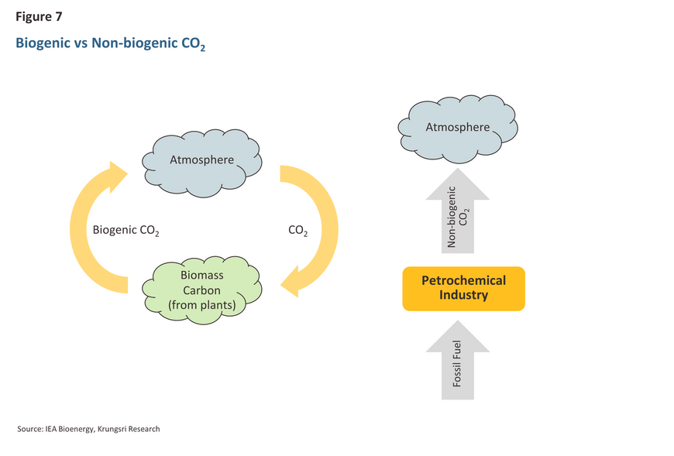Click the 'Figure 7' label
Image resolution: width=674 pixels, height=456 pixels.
39,17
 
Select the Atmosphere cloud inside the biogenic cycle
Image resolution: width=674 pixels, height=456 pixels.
202,163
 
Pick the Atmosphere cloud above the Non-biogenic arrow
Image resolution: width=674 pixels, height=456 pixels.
458,129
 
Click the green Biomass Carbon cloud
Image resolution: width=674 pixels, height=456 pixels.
202,290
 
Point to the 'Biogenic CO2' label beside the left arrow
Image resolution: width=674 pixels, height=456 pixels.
126,231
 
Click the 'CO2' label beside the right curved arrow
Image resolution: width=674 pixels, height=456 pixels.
298,231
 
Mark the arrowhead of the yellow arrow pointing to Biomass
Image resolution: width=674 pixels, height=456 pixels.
291,282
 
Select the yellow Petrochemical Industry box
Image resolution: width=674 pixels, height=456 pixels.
464,289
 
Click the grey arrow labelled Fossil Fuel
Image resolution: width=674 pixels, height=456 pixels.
458,360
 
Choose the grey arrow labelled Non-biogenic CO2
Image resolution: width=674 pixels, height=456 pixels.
458,211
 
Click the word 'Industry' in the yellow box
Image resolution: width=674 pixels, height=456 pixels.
464,295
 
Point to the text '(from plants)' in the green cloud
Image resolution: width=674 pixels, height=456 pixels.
202,305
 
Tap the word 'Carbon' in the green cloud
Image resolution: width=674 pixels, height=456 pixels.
201,290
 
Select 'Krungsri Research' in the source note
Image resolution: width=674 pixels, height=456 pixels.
129,429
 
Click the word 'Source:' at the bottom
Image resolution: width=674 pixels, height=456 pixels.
30,429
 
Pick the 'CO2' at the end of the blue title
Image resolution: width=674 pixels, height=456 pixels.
194,44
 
